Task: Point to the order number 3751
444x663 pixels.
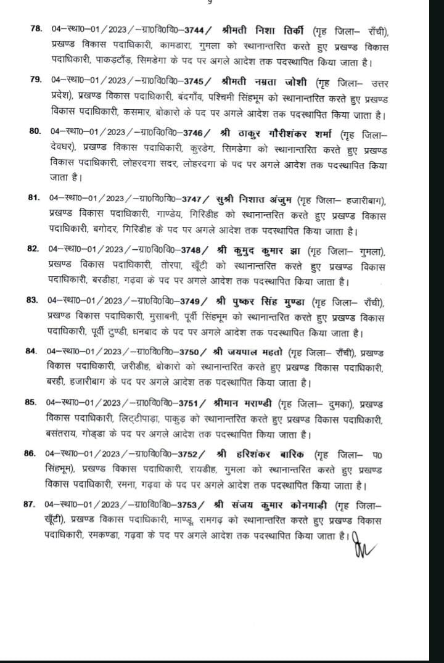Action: click(193, 404)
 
